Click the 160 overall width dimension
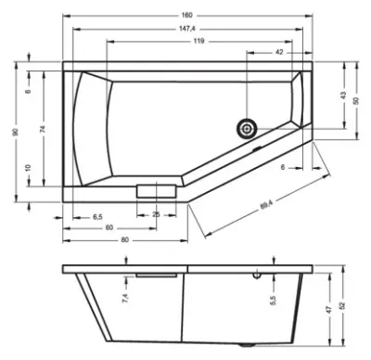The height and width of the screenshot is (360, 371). click(187, 15)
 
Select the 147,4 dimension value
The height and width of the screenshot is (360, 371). click(187, 29)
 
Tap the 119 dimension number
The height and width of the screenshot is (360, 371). click(198, 41)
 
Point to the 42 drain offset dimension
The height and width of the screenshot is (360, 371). click(279, 52)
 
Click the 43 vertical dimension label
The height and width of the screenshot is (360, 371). click(343, 96)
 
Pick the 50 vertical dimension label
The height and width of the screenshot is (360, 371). click(356, 100)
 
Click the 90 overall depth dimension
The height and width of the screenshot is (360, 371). click(16, 132)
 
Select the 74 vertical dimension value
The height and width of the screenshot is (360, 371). click(44, 129)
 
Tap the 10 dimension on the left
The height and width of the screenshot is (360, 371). click(29, 168)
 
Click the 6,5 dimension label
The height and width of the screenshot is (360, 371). click(97, 217)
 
